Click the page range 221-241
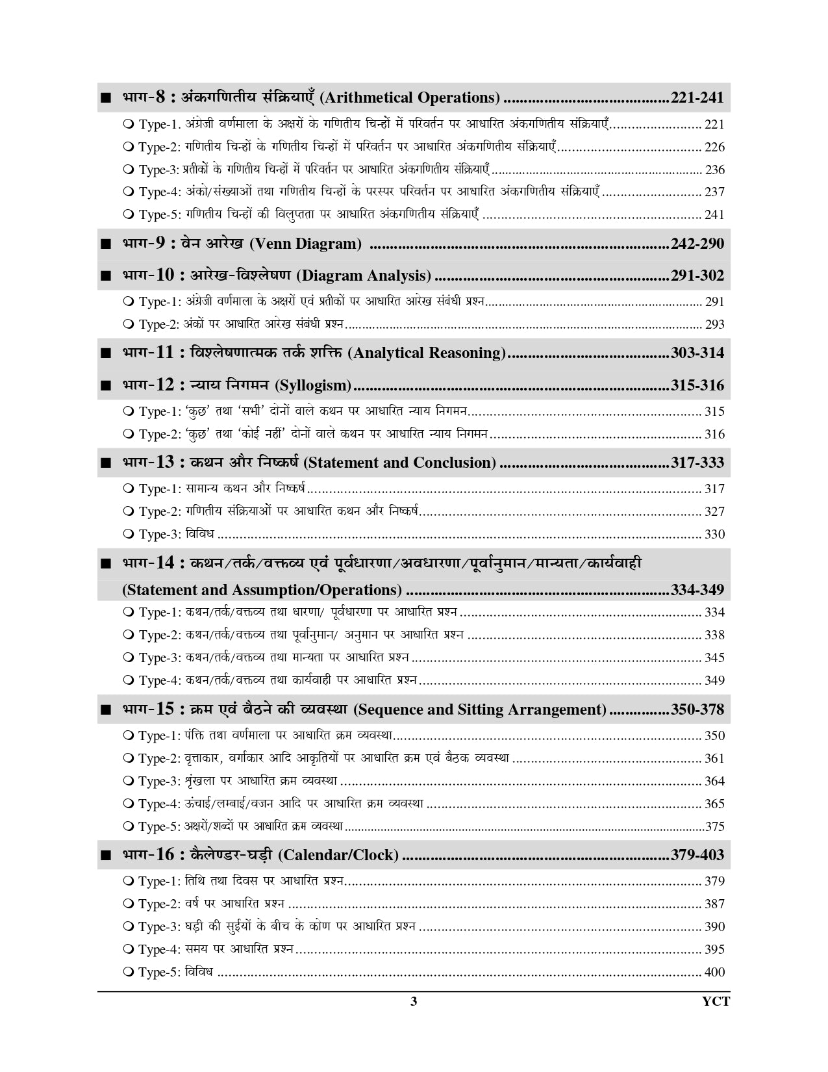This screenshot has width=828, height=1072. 697,98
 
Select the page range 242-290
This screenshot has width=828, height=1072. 697,244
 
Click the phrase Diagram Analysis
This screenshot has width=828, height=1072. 364,276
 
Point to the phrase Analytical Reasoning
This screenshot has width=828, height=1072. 427,353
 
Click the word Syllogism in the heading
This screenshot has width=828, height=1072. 313,386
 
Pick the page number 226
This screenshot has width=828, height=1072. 714,147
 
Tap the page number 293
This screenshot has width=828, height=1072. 714,324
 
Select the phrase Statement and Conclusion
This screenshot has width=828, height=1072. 399,463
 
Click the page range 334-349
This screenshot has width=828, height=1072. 697,591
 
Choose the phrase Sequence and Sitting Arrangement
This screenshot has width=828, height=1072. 480,710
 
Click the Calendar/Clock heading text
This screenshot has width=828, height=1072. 338,856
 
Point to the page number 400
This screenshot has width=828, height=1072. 714,973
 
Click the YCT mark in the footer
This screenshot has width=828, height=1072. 716,1002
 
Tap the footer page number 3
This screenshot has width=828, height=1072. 414,1002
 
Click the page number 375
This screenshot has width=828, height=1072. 714,827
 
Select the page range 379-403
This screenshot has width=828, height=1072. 697,856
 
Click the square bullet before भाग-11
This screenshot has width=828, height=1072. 106,355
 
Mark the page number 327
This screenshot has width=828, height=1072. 714,512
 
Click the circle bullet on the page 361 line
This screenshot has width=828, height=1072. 128,759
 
